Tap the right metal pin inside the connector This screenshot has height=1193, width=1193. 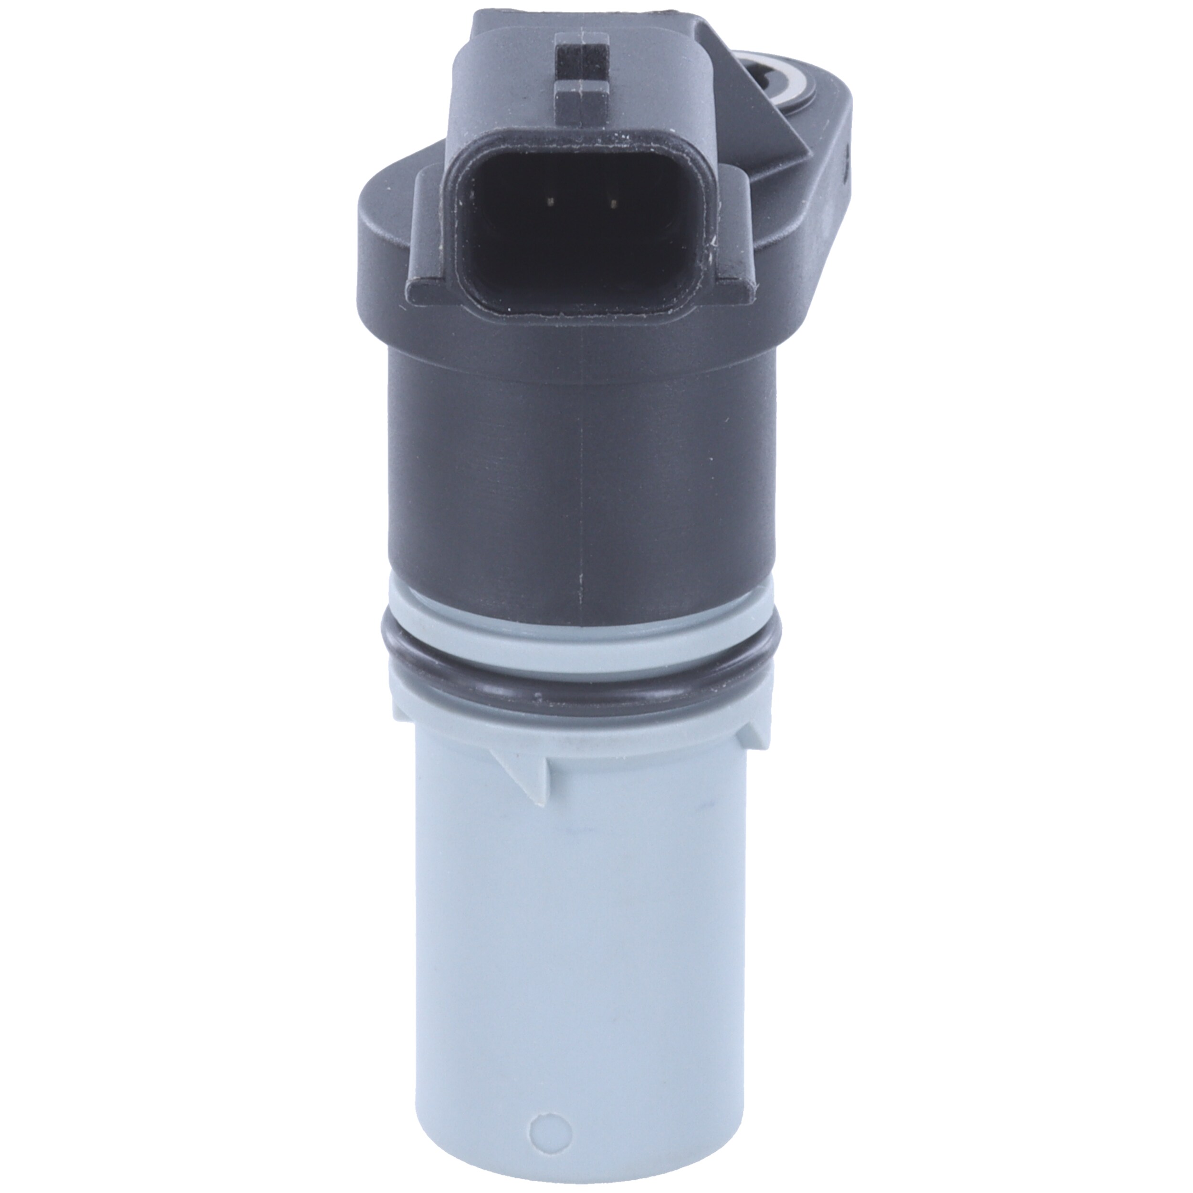(613, 202)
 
